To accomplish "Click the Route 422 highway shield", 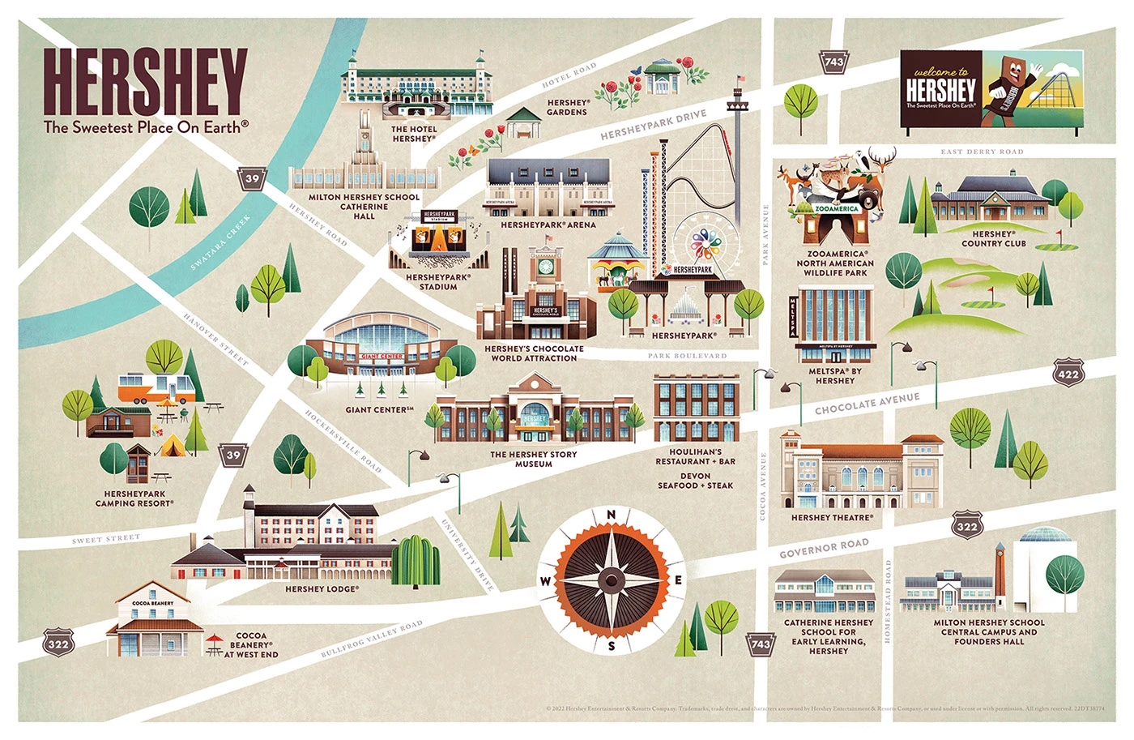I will (x=1068, y=373).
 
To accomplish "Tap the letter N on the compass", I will (x=612, y=515).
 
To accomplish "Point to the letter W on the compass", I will (x=545, y=580).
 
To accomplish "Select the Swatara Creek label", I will (x=220, y=242).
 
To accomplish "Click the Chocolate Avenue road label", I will (x=867, y=403).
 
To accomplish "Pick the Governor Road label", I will (x=824, y=548).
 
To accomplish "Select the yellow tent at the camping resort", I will (x=172, y=445).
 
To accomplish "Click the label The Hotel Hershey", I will (x=414, y=134).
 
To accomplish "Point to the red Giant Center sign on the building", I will (x=382, y=357).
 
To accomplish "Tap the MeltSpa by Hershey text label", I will (x=835, y=376).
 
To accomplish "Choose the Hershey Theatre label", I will (x=832, y=517).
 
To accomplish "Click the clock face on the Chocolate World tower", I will (x=545, y=266).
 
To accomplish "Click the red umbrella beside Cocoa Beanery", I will (x=215, y=639).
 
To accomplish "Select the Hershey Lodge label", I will (x=322, y=589).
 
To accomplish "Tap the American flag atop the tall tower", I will (x=740, y=79).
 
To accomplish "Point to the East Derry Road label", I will (x=982, y=152).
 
